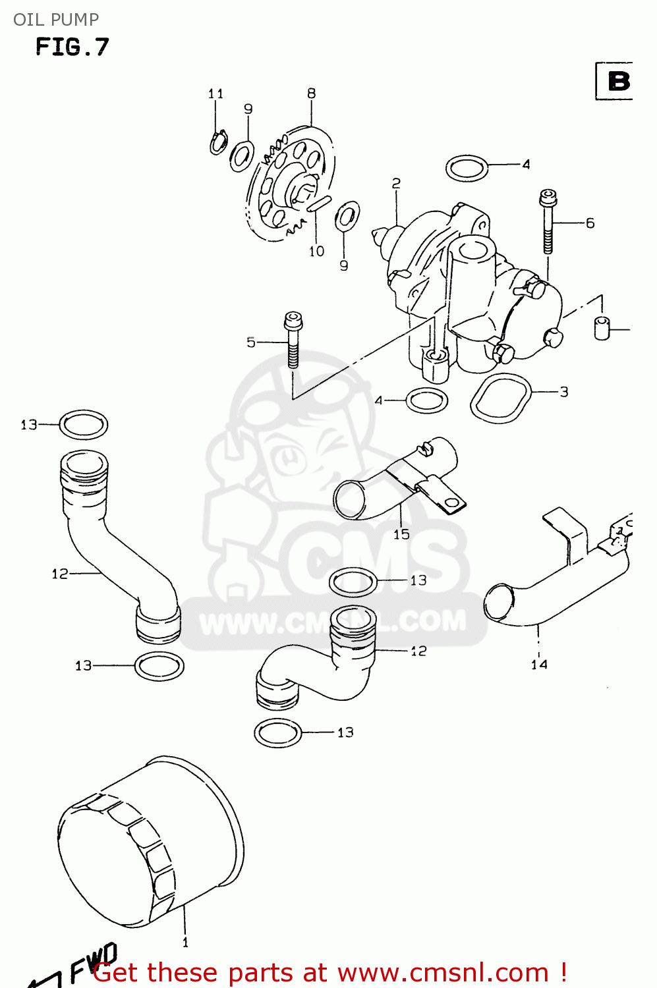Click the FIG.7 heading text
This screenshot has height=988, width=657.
(72, 47)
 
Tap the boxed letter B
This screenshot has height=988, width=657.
(617, 81)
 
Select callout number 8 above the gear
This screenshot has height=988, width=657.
(311, 94)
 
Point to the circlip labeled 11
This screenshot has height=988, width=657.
(218, 142)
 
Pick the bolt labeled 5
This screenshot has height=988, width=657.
(292, 339)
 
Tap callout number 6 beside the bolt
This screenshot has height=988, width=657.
(590, 223)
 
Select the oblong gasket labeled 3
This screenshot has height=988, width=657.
(501, 398)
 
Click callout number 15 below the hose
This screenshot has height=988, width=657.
(401, 534)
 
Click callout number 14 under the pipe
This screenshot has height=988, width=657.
(539, 664)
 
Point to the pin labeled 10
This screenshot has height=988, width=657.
(318, 204)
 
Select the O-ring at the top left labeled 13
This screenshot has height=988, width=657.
(84, 425)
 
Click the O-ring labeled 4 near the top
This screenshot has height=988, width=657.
(467, 168)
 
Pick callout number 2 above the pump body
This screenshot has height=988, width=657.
(395, 183)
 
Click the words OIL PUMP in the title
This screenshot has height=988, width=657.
(56, 20)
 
